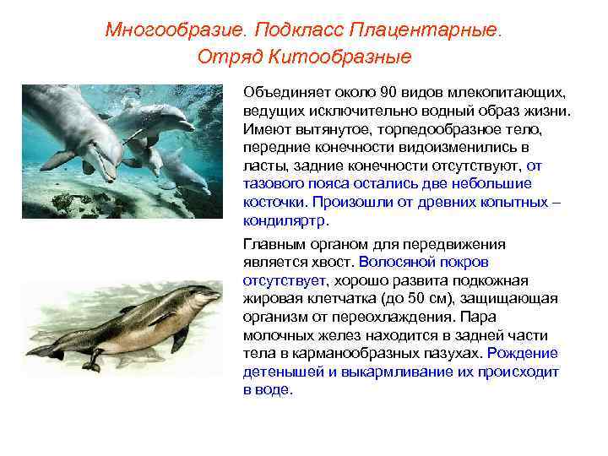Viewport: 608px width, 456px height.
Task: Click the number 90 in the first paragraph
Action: coord(389,91)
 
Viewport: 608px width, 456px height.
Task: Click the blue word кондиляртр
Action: coord(285,221)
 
